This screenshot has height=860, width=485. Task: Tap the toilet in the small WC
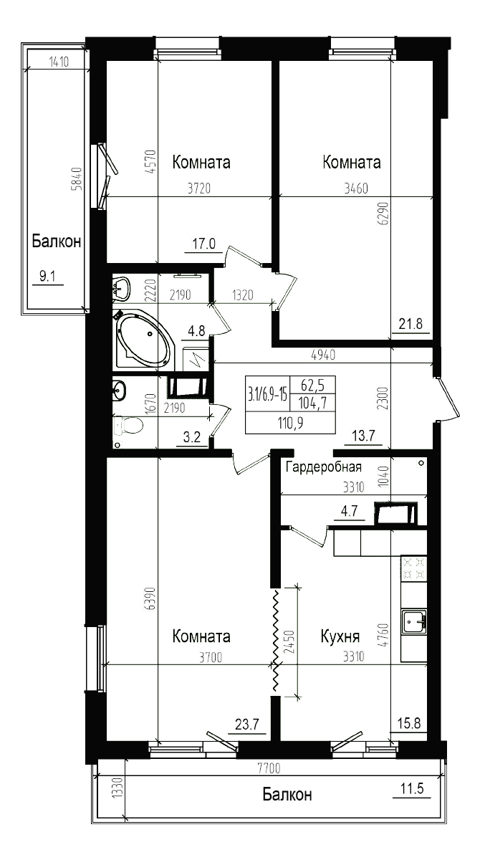tap(128, 426)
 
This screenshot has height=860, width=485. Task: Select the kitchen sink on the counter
tap(413, 621)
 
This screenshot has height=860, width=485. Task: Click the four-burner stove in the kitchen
tap(413, 568)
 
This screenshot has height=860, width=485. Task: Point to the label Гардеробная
tap(324, 467)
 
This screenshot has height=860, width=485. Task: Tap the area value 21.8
tap(410, 324)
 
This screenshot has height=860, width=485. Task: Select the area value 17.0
tap(203, 244)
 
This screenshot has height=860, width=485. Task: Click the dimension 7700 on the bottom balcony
tap(269, 768)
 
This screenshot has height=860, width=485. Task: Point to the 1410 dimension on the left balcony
tap(59, 62)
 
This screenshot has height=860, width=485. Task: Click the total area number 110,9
tap(290, 423)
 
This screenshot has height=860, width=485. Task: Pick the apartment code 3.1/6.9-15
tap(267, 394)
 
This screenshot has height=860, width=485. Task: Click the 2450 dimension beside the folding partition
tap(289, 641)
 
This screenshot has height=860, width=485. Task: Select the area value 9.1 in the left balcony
tap(47, 276)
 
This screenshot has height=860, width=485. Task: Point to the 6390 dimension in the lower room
tap(151, 598)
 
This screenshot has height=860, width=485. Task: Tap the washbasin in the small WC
tap(120, 391)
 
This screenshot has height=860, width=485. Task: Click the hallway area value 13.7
tap(363, 436)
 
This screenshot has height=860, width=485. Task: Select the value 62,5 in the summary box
tap(312, 384)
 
